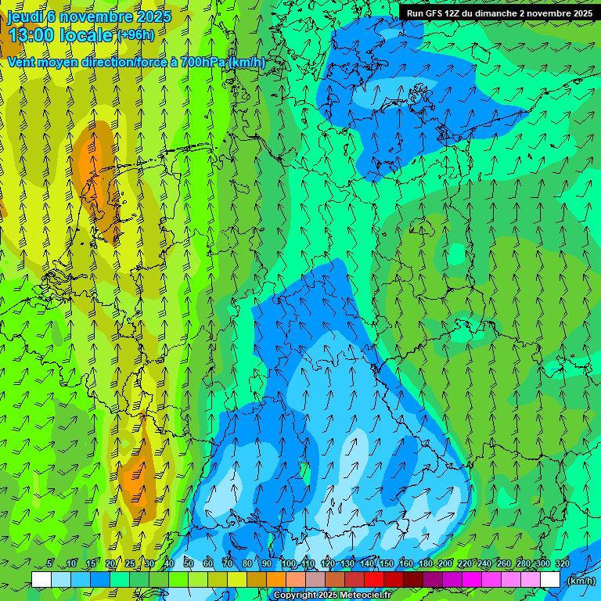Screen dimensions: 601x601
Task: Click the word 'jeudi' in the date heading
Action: (24, 16)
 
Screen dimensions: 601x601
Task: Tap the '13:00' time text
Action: (31, 34)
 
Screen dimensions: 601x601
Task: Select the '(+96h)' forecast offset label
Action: (135, 34)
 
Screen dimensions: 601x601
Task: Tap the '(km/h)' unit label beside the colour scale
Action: (581, 581)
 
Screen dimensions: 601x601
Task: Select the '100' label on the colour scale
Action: (289, 563)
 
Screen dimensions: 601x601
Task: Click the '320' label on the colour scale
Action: (563, 563)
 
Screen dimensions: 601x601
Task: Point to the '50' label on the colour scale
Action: (189, 563)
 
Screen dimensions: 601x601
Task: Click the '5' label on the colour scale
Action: (50, 563)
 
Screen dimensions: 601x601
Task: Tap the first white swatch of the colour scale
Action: (41, 580)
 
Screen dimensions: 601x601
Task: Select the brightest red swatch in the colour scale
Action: (374, 580)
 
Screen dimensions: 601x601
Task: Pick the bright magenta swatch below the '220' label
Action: (472, 580)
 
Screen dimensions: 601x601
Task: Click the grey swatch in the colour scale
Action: (315, 580)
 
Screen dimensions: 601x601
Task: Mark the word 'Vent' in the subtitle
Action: (22, 62)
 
